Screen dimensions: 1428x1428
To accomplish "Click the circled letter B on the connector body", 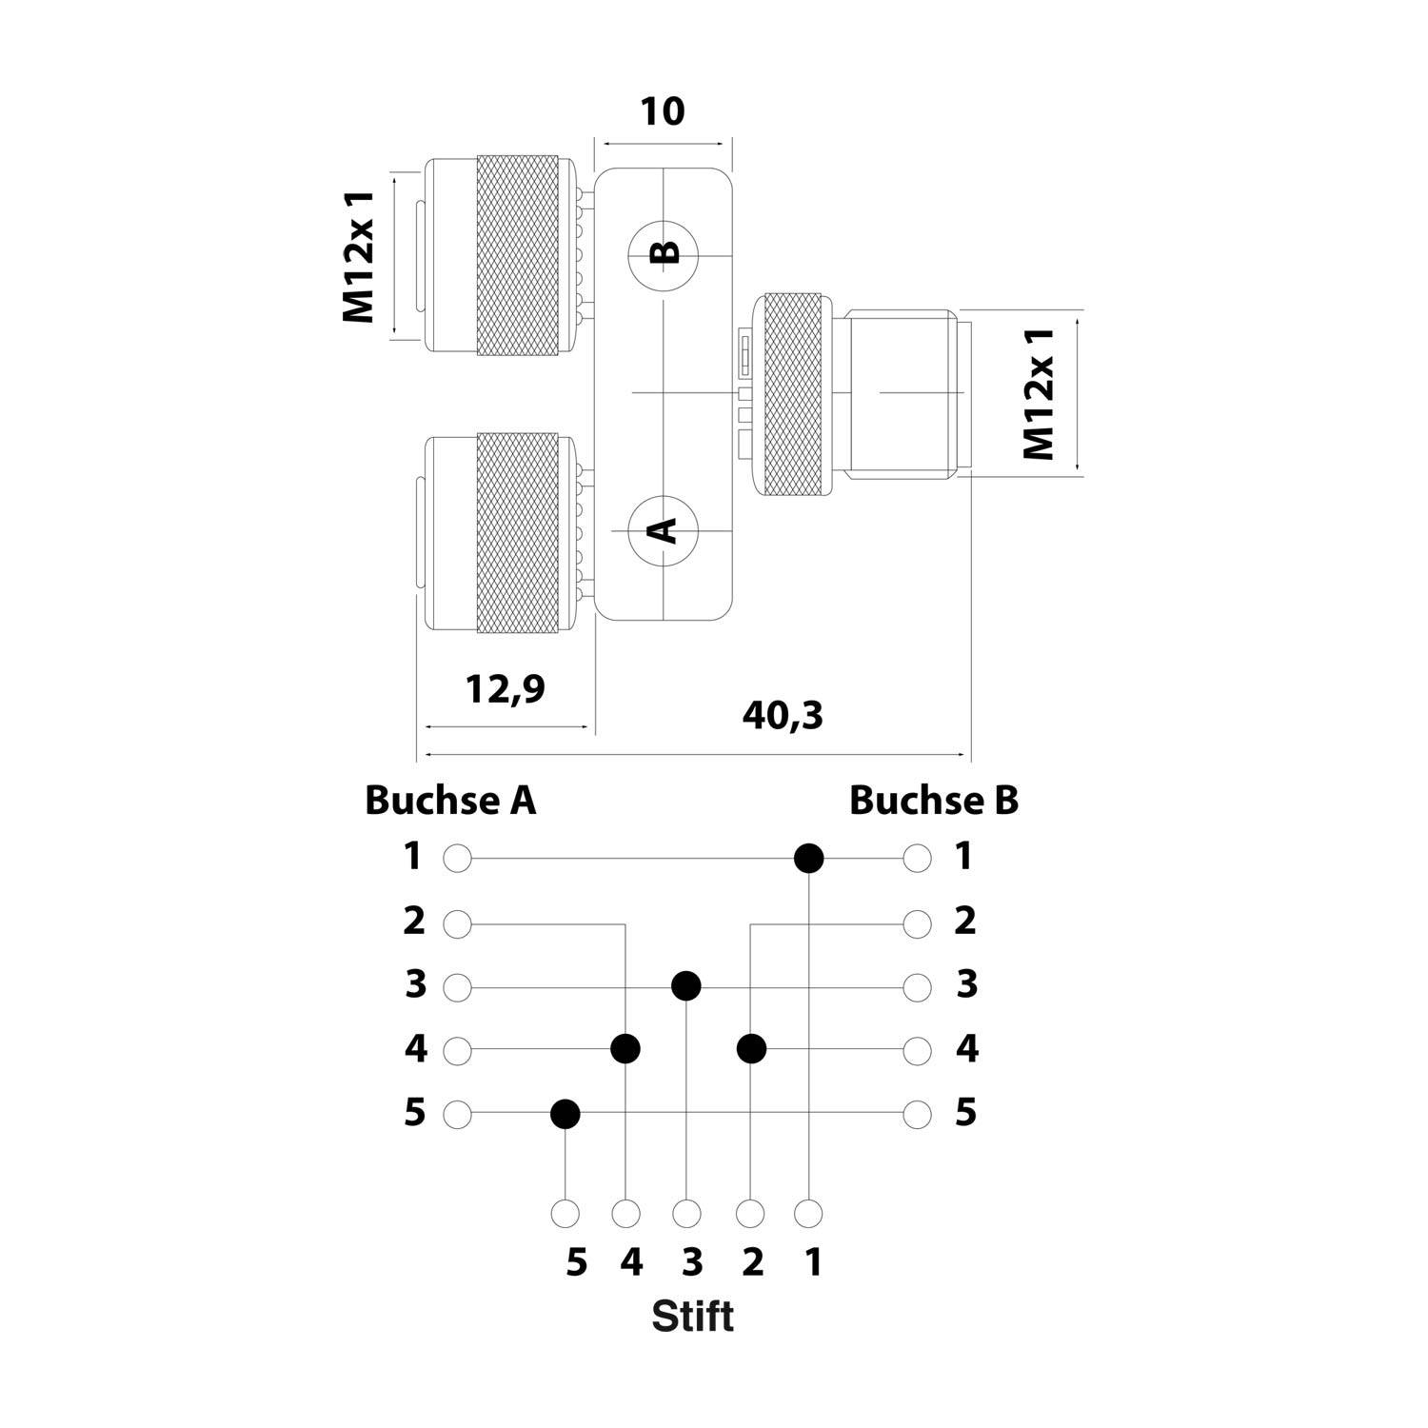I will tap(664, 253).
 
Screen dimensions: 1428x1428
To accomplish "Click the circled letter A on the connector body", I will tap(664, 529).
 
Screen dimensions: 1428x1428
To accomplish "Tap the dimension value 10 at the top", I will tap(662, 112).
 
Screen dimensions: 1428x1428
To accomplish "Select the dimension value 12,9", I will tap(506, 688).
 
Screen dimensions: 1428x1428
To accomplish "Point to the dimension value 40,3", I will tap(783, 715).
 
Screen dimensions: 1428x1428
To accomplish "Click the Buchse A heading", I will tap(450, 801).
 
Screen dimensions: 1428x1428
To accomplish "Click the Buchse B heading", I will tap(933, 801).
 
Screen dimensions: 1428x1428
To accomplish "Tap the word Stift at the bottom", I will tap(692, 1317).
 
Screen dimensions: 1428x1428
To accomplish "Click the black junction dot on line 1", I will tap(808, 859).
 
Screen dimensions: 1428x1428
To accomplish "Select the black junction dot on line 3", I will tap(686, 986).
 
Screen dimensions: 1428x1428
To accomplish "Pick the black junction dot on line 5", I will tap(565, 1113).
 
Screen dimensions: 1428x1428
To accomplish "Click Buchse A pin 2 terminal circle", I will tap(458, 923).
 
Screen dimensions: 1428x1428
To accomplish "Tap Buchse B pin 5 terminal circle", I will tap(917, 1113).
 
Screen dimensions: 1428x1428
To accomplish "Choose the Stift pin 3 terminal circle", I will tap(686, 1214).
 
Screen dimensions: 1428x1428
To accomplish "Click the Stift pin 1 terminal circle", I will tap(808, 1214).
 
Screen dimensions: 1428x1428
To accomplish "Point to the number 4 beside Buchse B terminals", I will tap(966, 1049).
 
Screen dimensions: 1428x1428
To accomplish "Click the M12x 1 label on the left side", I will tap(360, 256).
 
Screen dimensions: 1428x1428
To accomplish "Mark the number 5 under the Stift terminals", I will tap(576, 1263).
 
